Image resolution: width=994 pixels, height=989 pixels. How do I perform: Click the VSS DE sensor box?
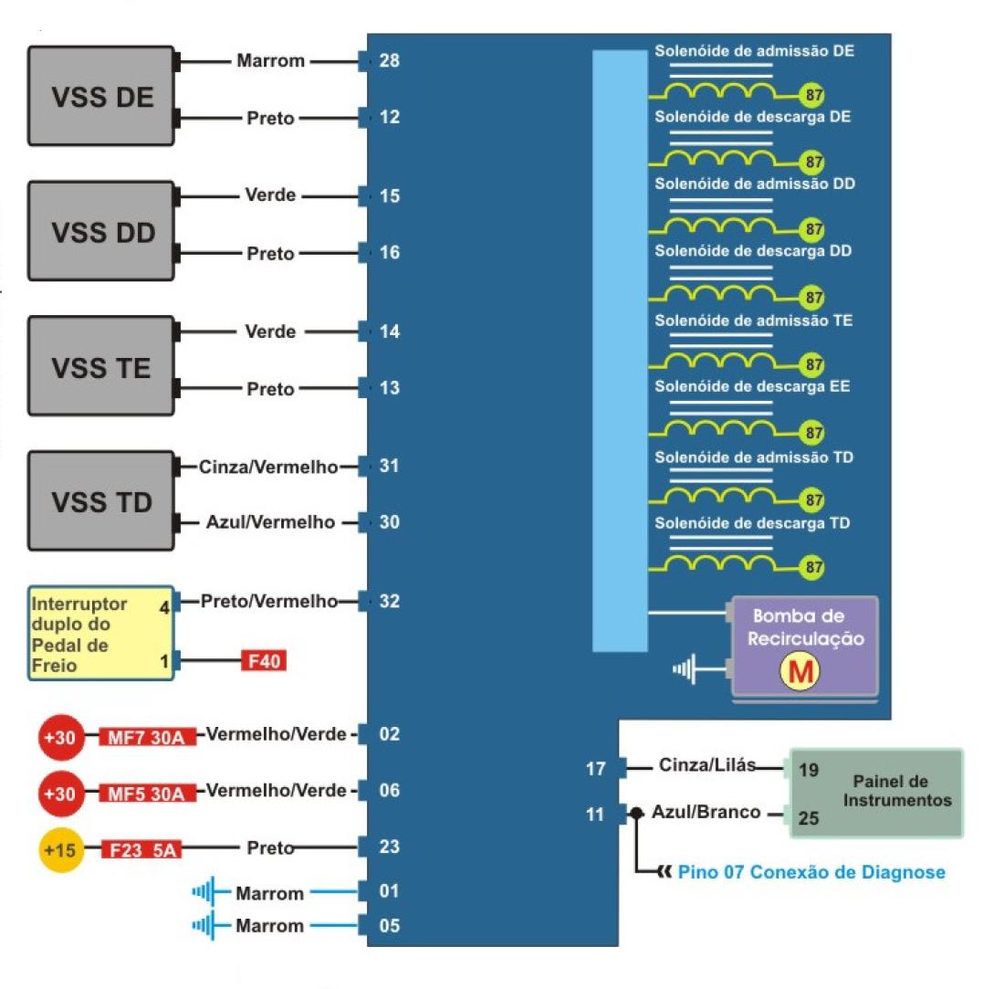click(x=101, y=96)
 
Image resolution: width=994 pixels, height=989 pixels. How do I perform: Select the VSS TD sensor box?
click(x=101, y=500)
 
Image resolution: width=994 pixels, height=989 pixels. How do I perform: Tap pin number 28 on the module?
click(x=390, y=61)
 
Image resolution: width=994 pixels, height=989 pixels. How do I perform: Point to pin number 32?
click(x=390, y=601)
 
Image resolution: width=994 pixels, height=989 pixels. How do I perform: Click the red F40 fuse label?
click(x=263, y=659)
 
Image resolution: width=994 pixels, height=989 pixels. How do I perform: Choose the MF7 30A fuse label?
click(x=147, y=736)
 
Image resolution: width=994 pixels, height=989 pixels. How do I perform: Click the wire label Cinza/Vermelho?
click(x=268, y=468)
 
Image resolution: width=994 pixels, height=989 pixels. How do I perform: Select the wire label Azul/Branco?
click(x=706, y=812)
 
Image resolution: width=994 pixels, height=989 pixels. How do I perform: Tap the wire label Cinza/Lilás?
click(x=706, y=766)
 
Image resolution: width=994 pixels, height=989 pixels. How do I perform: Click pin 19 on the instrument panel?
click(x=808, y=770)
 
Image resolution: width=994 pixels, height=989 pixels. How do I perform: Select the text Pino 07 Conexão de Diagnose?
click(x=811, y=872)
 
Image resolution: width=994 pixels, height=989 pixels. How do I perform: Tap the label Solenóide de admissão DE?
click(x=754, y=51)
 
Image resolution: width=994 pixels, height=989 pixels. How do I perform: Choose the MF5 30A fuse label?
click(x=147, y=793)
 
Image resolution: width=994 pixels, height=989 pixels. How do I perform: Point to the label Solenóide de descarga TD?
click(x=752, y=523)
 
